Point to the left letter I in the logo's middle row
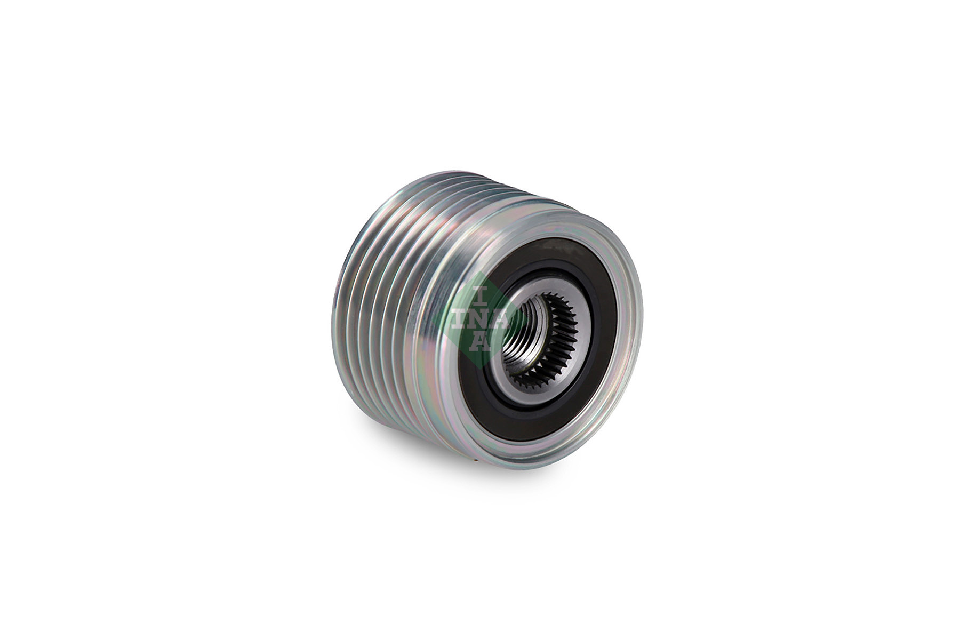[458, 318]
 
